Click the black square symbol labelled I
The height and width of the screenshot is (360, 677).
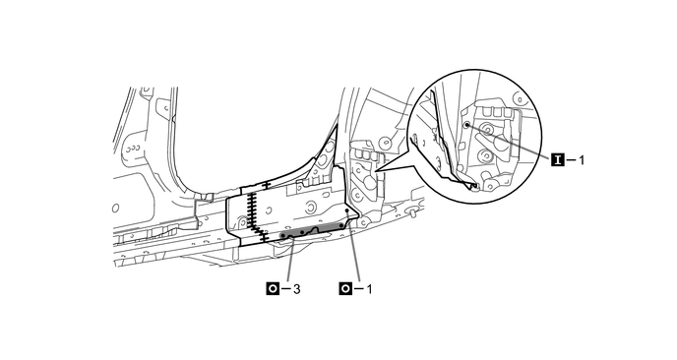point(557,160)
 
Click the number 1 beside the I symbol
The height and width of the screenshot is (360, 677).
point(582,160)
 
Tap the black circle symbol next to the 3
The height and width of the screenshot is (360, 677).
point(273,288)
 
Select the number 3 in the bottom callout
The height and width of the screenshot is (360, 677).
point(296,289)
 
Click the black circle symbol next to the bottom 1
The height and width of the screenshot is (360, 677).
point(345,288)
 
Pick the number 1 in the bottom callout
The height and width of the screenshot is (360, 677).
point(369,289)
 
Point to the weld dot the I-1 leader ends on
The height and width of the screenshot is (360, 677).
point(466,124)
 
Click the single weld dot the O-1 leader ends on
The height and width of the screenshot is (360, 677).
point(347,210)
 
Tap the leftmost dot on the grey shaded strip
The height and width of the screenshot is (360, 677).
point(282,236)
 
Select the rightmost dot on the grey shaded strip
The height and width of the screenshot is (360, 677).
point(341,225)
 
